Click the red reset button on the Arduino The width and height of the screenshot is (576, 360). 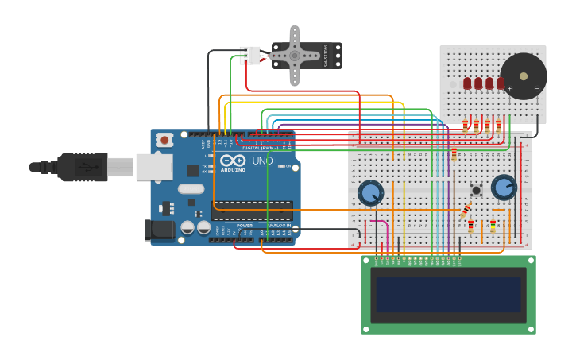[164, 140]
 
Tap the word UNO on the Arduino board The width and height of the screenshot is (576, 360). [263, 161]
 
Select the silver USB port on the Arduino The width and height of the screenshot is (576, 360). [154, 167]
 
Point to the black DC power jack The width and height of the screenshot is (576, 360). [159, 230]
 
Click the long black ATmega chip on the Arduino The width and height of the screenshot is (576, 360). [251, 211]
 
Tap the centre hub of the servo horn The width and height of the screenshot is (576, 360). [295, 56]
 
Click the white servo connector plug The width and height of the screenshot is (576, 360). [251, 56]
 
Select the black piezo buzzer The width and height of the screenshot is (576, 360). [523, 76]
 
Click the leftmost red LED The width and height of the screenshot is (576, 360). [468, 83]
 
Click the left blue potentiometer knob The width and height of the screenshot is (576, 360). [370, 192]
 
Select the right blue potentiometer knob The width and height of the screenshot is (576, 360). [503, 188]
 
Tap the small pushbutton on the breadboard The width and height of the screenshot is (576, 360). [477, 190]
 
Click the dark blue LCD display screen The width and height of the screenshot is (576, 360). [448, 295]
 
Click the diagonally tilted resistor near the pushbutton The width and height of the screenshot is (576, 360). [466, 211]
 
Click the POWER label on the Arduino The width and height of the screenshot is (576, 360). [245, 226]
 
